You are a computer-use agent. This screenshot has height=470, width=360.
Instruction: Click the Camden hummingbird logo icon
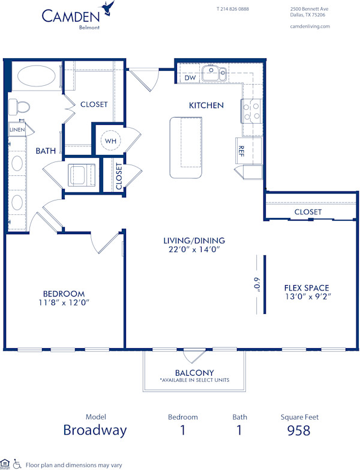[x=108, y=8]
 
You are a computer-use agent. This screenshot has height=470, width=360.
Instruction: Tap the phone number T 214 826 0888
[x=232, y=9]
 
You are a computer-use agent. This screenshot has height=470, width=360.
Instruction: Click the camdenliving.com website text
[x=310, y=26]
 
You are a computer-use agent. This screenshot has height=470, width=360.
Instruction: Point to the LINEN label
[x=16, y=129]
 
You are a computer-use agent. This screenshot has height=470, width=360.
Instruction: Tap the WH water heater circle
[x=110, y=140]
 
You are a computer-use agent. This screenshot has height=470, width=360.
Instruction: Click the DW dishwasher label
[x=190, y=78]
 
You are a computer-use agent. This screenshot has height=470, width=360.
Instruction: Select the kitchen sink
[x=214, y=73]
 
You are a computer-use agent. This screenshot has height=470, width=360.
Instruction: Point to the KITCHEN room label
[x=206, y=105]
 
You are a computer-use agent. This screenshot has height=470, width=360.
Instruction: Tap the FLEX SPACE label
[x=307, y=288]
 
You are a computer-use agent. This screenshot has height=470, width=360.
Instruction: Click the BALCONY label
[x=194, y=373]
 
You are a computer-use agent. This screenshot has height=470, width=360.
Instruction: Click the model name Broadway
[x=95, y=430]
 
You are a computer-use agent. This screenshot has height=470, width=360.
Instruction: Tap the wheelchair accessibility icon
[x=17, y=464]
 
